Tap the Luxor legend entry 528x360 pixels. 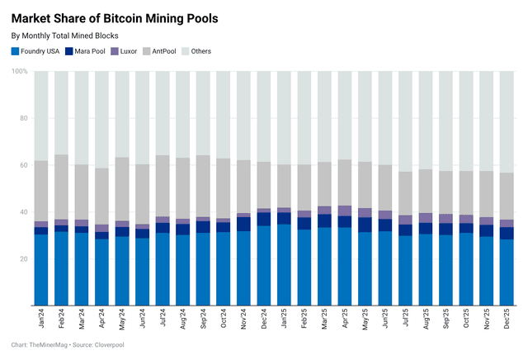point(142,51)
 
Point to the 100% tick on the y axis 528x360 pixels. point(19,72)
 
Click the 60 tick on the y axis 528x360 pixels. point(23,165)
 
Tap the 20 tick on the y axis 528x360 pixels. point(23,258)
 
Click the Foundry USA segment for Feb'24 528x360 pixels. point(61,268)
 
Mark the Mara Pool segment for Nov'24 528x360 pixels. point(243,224)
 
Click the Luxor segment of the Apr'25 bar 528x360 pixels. point(344,211)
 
